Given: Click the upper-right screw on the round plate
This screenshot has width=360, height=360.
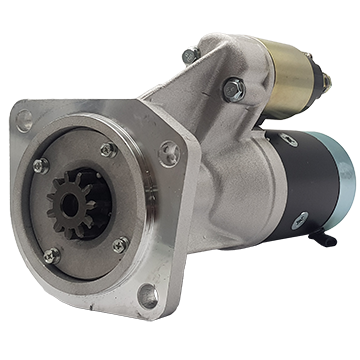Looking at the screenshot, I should point(108,151).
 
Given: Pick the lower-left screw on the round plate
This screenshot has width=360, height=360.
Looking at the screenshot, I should point(52,256).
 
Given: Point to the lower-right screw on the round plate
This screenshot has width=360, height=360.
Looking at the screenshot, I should point(120,243).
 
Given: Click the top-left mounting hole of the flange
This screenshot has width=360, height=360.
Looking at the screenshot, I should point(24,121).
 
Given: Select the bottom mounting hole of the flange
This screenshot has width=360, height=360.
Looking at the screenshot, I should point(147,295).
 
